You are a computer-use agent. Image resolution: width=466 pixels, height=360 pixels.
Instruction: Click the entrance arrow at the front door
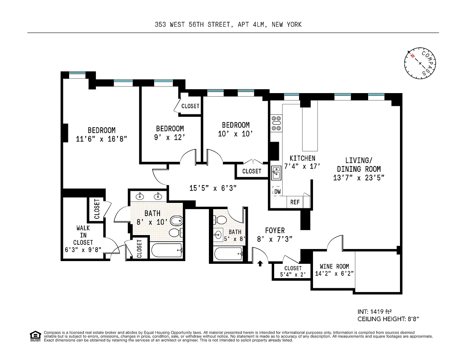click(x=260, y=263)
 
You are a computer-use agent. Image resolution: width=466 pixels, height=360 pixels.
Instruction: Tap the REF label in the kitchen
click(x=295, y=202)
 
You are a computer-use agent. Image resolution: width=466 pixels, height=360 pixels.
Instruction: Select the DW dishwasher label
click(x=278, y=192)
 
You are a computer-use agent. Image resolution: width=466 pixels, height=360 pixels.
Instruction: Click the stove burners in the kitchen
click(x=276, y=123)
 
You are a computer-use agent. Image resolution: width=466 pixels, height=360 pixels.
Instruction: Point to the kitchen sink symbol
click(x=276, y=173)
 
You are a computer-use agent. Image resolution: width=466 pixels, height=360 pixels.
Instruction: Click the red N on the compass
click(x=412, y=56)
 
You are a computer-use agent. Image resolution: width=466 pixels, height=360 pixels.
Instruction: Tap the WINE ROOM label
click(x=334, y=267)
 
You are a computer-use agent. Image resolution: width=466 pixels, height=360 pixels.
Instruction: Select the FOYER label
click(x=275, y=230)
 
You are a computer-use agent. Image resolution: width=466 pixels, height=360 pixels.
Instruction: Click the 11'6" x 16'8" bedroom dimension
click(x=101, y=139)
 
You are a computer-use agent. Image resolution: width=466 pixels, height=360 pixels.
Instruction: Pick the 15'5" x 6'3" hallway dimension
click(x=213, y=188)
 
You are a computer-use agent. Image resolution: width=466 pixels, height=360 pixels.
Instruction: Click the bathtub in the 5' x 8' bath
click(x=228, y=254)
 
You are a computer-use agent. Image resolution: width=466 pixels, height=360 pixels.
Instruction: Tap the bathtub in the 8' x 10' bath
click(x=167, y=250)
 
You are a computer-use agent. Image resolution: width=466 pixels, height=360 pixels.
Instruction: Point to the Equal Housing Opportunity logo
click(x=35, y=336)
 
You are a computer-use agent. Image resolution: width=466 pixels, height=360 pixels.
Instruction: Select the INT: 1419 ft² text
click(x=375, y=312)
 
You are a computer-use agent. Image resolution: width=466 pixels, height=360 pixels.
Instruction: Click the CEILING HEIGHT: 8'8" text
click(x=388, y=319)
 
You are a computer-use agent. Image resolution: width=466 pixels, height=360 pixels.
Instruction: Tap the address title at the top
click(x=228, y=24)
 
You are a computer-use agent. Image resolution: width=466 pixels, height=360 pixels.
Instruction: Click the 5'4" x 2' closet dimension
click(x=293, y=275)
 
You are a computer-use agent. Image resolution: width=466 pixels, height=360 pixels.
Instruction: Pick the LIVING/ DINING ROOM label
click(x=359, y=165)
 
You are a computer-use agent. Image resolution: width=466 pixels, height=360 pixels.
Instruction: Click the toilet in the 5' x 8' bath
click(x=220, y=220)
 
